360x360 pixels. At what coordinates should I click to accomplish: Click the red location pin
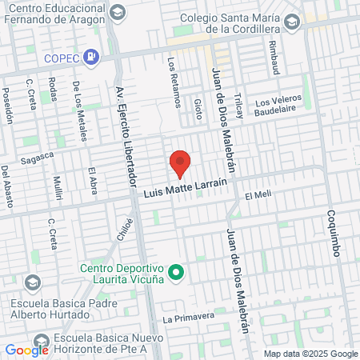[180, 164]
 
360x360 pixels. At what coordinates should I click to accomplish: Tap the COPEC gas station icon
[92, 57]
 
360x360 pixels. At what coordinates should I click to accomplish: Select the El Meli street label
[259, 194]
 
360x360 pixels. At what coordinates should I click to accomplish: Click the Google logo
[26, 350]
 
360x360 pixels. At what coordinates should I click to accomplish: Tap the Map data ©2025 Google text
[311, 354]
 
